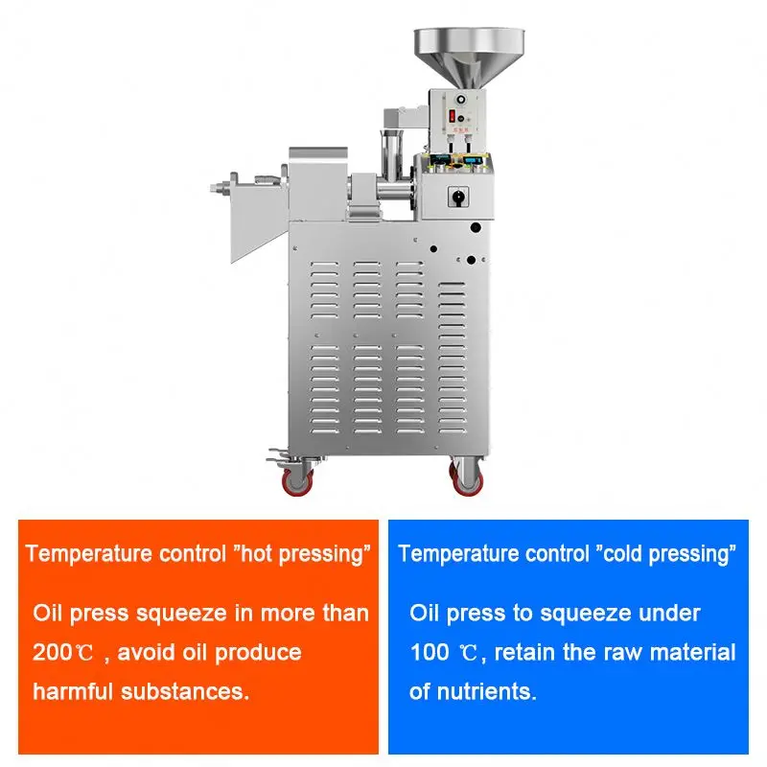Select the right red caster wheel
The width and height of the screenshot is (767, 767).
click(465, 476)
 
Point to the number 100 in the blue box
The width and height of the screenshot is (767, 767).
click(430, 654)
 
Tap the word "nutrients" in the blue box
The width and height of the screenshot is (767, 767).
click(489, 692)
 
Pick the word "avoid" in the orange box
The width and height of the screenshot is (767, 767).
click(156, 654)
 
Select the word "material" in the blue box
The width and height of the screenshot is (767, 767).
click(699, 654)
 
